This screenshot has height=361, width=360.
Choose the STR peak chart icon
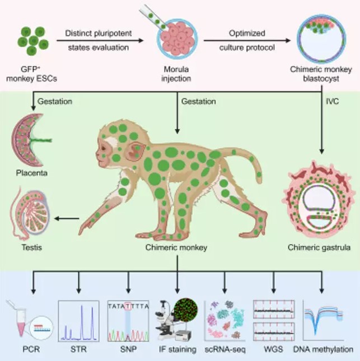coord(79,321)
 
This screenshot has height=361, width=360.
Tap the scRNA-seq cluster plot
coord(225,321)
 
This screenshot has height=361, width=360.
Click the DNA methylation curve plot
coord(323,320)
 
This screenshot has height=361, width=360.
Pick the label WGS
coord(273,349)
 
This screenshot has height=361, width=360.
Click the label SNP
coord(128,349)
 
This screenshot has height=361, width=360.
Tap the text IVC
coord(333,101)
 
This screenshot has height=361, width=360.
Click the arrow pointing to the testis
coord(67,218)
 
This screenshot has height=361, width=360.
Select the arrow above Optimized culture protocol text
coord(247,40)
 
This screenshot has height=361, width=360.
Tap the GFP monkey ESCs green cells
coord(33,41)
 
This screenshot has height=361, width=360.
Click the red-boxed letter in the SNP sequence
coord(128,306)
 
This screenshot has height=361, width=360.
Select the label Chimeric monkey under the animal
coord(176,247)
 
